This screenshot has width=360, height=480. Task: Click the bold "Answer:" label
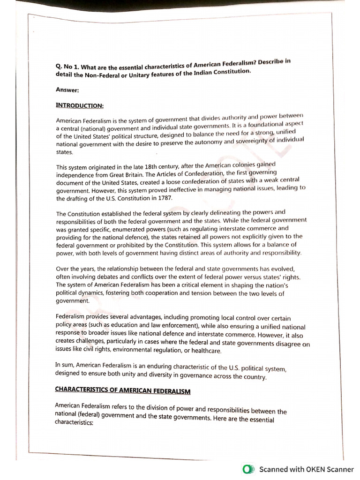(x=67, y=90)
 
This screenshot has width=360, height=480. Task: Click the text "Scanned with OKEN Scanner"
(x=307, y=469)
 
